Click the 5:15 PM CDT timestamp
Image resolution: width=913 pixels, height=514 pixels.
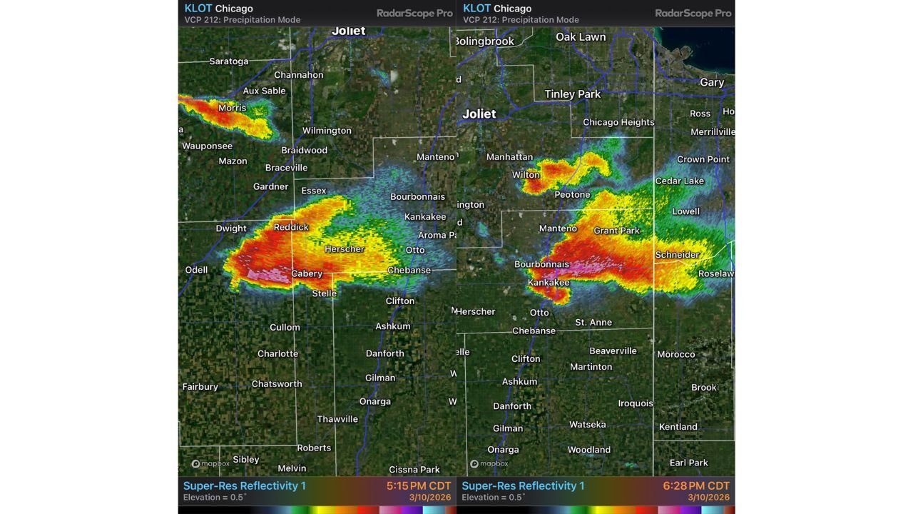click(x=419, y=485)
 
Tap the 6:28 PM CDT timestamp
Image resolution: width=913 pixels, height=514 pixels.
click(x=696, y=485)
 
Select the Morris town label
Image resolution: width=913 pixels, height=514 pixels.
click(x=232, y=108)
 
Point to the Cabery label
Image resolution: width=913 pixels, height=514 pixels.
click(x=307, y=273)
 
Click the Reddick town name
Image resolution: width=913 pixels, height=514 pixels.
click(x=291, y=227)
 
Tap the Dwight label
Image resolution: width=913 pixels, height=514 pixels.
click(x=231, y=228)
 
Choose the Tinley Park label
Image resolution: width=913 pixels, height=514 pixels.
click(x=572, y=94)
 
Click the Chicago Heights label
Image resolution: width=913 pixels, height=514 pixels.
click(x=618, y=122)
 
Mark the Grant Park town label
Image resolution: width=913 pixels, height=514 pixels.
click(x=616, y=231)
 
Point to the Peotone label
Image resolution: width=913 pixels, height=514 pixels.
click(x=572, y=194)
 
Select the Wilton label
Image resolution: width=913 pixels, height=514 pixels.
click(x=526, y=175)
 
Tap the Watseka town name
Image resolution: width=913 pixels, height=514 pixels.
click(x=587, y=424)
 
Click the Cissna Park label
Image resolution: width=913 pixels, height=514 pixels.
click(x=414, y=469)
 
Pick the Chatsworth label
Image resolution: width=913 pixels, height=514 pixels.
click(x=277, y=383)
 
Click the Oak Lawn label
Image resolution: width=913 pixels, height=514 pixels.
click(x=581, y=37)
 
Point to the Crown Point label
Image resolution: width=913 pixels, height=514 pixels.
click(x=703, y=159)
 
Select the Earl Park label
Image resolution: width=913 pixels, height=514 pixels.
click(x=688, y=463)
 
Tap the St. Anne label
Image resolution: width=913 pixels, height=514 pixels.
click(x=593, y=322)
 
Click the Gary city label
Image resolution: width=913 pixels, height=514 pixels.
click(x=712, y=82)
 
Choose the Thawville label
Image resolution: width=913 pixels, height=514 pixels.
click(x=337, y=419)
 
